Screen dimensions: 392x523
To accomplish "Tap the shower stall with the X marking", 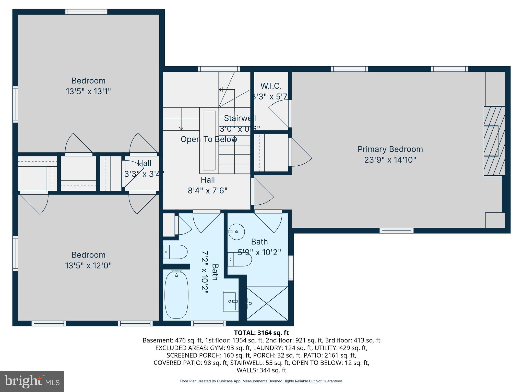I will [x=267, y=303].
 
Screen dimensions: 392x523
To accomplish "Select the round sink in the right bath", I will [x=236, y=232].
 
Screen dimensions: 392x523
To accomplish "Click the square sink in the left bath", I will [x=231, y=301].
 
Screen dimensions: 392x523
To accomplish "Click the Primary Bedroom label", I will [x=390, y=149].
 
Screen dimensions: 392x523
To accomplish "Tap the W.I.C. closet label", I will [x=271, y=86].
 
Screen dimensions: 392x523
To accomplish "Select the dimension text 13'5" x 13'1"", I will [x=88, y=91].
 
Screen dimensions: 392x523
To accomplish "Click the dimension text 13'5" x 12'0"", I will [x=88, y=266].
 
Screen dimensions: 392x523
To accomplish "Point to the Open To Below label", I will [x=209, y=139].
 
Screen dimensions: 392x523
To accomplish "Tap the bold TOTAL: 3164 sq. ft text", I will [x=261, y=333].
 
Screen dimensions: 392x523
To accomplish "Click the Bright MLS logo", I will [x=32, y=381].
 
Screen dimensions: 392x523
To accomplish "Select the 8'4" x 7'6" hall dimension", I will [x=208, y=191].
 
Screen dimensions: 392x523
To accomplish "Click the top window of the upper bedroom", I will [x=86, y=12].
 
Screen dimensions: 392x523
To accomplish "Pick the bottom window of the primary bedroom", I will [x=396, y=231].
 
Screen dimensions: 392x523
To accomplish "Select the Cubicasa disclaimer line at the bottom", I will [x=261, y=381].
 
